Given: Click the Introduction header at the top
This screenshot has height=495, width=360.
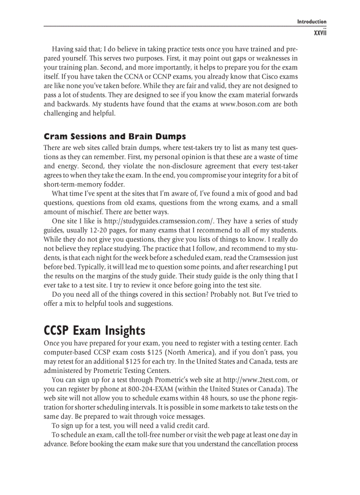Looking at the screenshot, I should [311, 22].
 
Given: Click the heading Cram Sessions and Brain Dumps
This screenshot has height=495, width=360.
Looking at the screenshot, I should [115, 136].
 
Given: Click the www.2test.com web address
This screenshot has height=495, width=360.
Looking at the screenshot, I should [256, 380].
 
